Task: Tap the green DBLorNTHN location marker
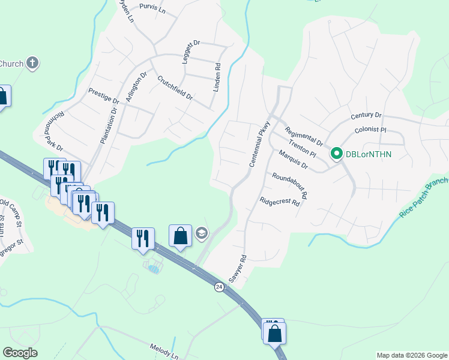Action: point(337,155)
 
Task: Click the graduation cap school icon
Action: point(202,233)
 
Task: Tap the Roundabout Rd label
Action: point(289,185)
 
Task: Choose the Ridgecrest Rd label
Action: point(279,202)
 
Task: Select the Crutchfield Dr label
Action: point(175,88)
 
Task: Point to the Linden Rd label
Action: point(217,77)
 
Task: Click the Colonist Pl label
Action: point(370,130)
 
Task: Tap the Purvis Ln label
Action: point(151,8)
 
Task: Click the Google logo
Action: point(20,353)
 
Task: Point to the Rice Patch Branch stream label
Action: point(424,197)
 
